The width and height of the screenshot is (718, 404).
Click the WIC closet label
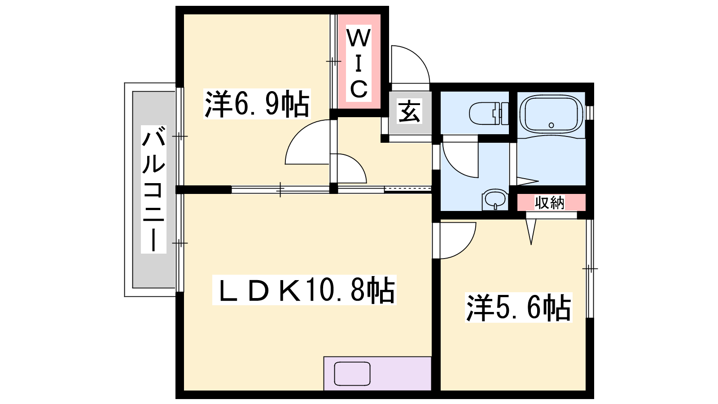[x=359, y=63]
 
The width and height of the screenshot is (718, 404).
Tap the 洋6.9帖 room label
[x=257, y=104]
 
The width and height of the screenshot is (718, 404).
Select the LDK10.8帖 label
[x=304, y=290]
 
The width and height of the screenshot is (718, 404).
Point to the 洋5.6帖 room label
[x=518, y=307]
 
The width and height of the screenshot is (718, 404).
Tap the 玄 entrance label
[x=409, y=111]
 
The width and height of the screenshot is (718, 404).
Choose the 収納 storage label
[x=549, y=202]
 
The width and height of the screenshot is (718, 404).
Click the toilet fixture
[x=489, y=113]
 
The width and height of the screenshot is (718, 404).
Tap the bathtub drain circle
[x=552, y=125]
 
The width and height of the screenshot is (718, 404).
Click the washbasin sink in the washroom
[x=495, y=199]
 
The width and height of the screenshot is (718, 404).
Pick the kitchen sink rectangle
[x=352, y=373]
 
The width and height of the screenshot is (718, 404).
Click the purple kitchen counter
[x=377, y=373]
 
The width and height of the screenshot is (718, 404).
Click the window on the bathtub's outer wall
[x=590, y=113]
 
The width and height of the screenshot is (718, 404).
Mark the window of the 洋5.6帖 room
[x=590, y=268]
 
